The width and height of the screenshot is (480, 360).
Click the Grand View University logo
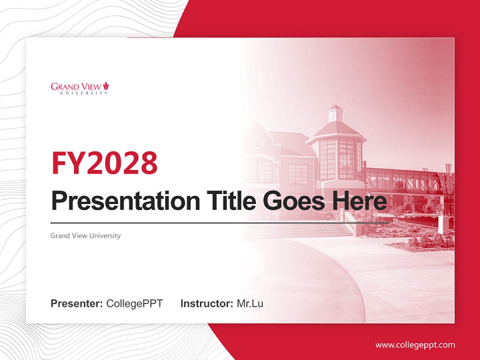pyautogui.click(x=79, y=88)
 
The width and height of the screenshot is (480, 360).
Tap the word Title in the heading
pyautogui.click(x=221, y=201)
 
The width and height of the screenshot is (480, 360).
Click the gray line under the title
pyautogui.click(x=220, y=222)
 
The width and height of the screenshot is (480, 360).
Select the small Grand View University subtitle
pyautogui.click(x=85, y=235)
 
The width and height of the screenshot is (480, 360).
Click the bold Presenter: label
pyautogui.click(x=76, y=303)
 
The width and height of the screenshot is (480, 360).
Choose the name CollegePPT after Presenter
pyautogui.click(x=134, y=303)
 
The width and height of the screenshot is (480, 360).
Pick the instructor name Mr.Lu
pyautogui.click(x=250, y=303)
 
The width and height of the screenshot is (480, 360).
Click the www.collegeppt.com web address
pyautogui.click(x=415, y=345)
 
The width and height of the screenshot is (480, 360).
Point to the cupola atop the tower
pyautogui.click(x=335, y=114)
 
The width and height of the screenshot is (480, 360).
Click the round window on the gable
pyautogui.click(x=257, y=143)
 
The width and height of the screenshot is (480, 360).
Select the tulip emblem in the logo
pyautogui.click(x=106, y=86)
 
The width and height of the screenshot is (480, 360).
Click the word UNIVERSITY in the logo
pyautogui.click(x=83, y=93)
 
